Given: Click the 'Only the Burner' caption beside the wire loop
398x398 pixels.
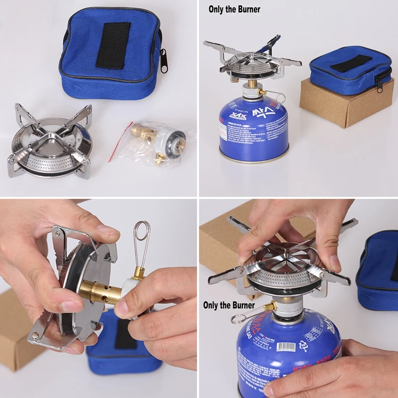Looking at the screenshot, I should (x=229, y=305).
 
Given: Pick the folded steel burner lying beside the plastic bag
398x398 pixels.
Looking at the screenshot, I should (x=50, y=142).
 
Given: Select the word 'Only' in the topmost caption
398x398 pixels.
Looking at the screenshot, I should (x=216, y=9).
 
